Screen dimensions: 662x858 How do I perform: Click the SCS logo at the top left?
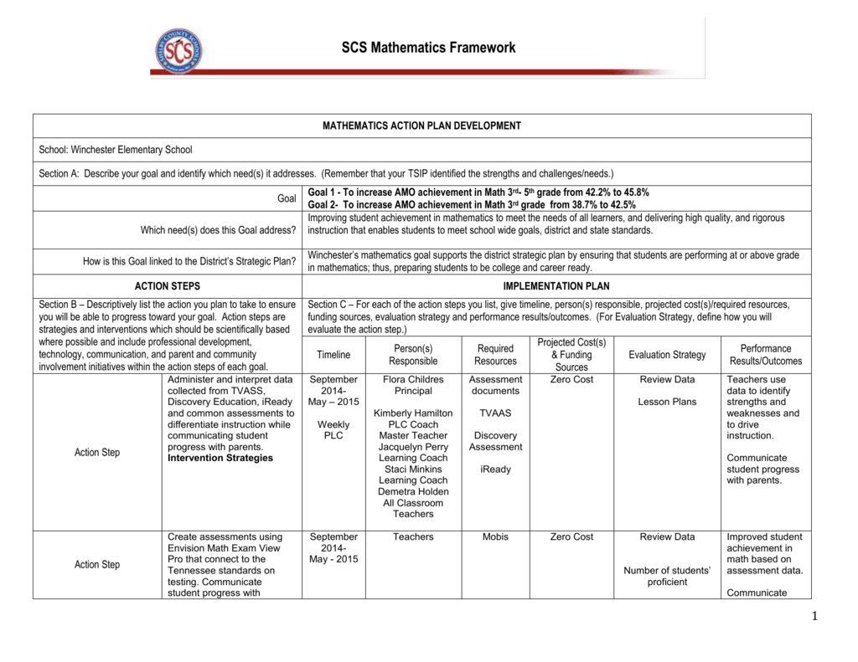click(178, 50)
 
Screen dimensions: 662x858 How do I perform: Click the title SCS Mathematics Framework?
click(428, 48)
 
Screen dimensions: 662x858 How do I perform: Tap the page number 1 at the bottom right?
click(813, 617)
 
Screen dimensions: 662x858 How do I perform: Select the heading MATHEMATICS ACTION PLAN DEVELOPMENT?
click(421, 126)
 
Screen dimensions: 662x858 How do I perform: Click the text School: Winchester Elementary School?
click(116, 150)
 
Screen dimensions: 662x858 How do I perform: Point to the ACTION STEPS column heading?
click(168, 286)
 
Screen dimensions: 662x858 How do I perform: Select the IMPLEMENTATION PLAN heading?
click(556, 286)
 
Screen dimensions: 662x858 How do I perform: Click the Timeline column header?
click(333, 355)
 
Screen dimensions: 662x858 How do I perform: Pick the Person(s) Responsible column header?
click(413, 355)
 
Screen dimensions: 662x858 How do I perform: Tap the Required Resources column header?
click(495, 355)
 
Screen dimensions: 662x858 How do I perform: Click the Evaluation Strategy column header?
click(667, 355)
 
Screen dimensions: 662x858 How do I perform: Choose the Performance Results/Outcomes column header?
click(765, 355)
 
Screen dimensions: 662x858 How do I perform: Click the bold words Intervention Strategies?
click(220, 459)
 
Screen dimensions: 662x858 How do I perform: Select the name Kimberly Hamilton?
click(413, 413)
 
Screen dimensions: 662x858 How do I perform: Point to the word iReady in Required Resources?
click(495, 470)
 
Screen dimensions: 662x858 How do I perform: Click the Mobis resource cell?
click(495, 537)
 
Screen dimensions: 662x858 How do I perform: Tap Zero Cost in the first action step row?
click(571, 380)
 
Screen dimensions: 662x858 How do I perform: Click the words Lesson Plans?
click(667, 402)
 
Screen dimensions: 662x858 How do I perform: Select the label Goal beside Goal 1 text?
click(287, 198)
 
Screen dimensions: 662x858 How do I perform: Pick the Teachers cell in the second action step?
click(413, 537)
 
